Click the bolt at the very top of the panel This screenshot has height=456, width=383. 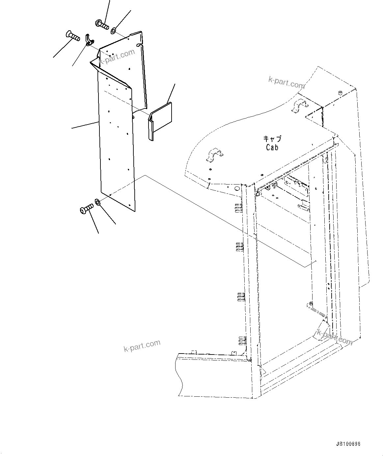pyautogui.click(x=102, y=24)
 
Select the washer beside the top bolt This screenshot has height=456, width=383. pyautogui.click(x=113, y=31)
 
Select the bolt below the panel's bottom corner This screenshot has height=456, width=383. pyautogui.click(x=86, y=209)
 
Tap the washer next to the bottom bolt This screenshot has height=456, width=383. pyautogui.click(x=98, y=201)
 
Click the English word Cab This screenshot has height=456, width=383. pyautogui.click(x=272, y=148)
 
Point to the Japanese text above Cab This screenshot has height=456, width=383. pyautogui.click(x=272, y=139)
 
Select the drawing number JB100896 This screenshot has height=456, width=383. pyautogui.click(x=348, y=444)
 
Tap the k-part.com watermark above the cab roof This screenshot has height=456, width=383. pyautogui.click(x=287, y=82)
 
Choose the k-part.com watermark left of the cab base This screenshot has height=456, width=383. pyautogui.click(x=142, y=346)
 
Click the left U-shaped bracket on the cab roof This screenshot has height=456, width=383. pyautogui.click(x=214, y=155)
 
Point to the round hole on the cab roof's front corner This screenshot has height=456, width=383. pyautogui.click(x=236, y=189)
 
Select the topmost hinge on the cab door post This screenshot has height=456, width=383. pyautogui.click(x=239, y=208)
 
